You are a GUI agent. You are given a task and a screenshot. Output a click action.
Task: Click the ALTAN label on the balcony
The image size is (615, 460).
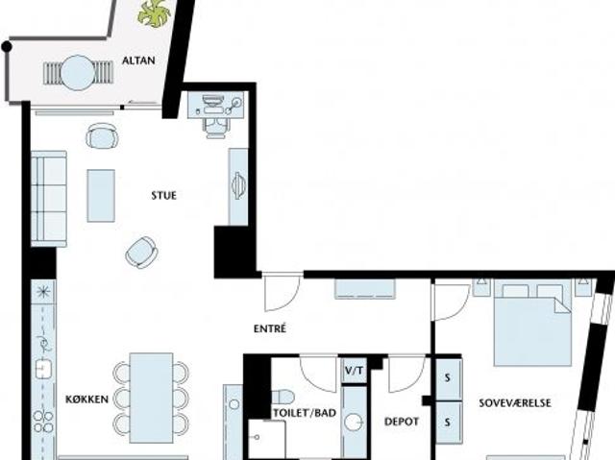(138, 61)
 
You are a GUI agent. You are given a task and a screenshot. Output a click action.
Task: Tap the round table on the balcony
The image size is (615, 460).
(79, 73)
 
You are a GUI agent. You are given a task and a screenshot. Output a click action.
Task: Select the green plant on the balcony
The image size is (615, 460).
(154, 13)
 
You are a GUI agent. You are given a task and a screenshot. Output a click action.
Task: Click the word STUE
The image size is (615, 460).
(164, 195)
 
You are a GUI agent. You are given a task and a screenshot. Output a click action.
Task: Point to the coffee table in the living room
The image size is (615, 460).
(101, 196)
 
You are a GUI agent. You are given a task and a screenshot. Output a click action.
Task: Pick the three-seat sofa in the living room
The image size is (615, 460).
(49, 199)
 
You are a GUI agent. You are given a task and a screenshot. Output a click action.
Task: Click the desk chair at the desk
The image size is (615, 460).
(215, 128)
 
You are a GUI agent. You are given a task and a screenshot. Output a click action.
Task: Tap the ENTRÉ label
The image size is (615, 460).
(270, 328)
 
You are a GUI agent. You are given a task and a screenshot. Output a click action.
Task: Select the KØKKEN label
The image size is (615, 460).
(86, 399)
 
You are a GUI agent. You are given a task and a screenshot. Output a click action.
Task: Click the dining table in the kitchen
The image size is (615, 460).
(152, 399)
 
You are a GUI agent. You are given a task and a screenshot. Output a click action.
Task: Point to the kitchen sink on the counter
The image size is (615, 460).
(41, 368)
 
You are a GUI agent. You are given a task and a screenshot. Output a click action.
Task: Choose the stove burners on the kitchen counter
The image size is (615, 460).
(43, 422)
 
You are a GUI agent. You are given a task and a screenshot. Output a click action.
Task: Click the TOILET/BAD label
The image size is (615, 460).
(305, 413)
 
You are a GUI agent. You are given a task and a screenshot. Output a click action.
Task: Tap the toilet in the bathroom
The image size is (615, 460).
(283, 397)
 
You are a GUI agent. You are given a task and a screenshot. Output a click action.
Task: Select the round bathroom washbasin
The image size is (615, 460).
(355, 422)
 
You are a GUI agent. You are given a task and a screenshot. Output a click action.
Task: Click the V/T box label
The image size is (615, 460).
(355, 370)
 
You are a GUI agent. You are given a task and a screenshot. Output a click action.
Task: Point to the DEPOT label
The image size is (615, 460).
(402, 422)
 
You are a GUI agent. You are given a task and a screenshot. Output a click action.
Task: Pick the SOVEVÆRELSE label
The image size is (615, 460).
(515, 403)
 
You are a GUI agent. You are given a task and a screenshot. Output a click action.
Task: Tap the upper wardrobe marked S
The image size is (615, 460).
(448, 378)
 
